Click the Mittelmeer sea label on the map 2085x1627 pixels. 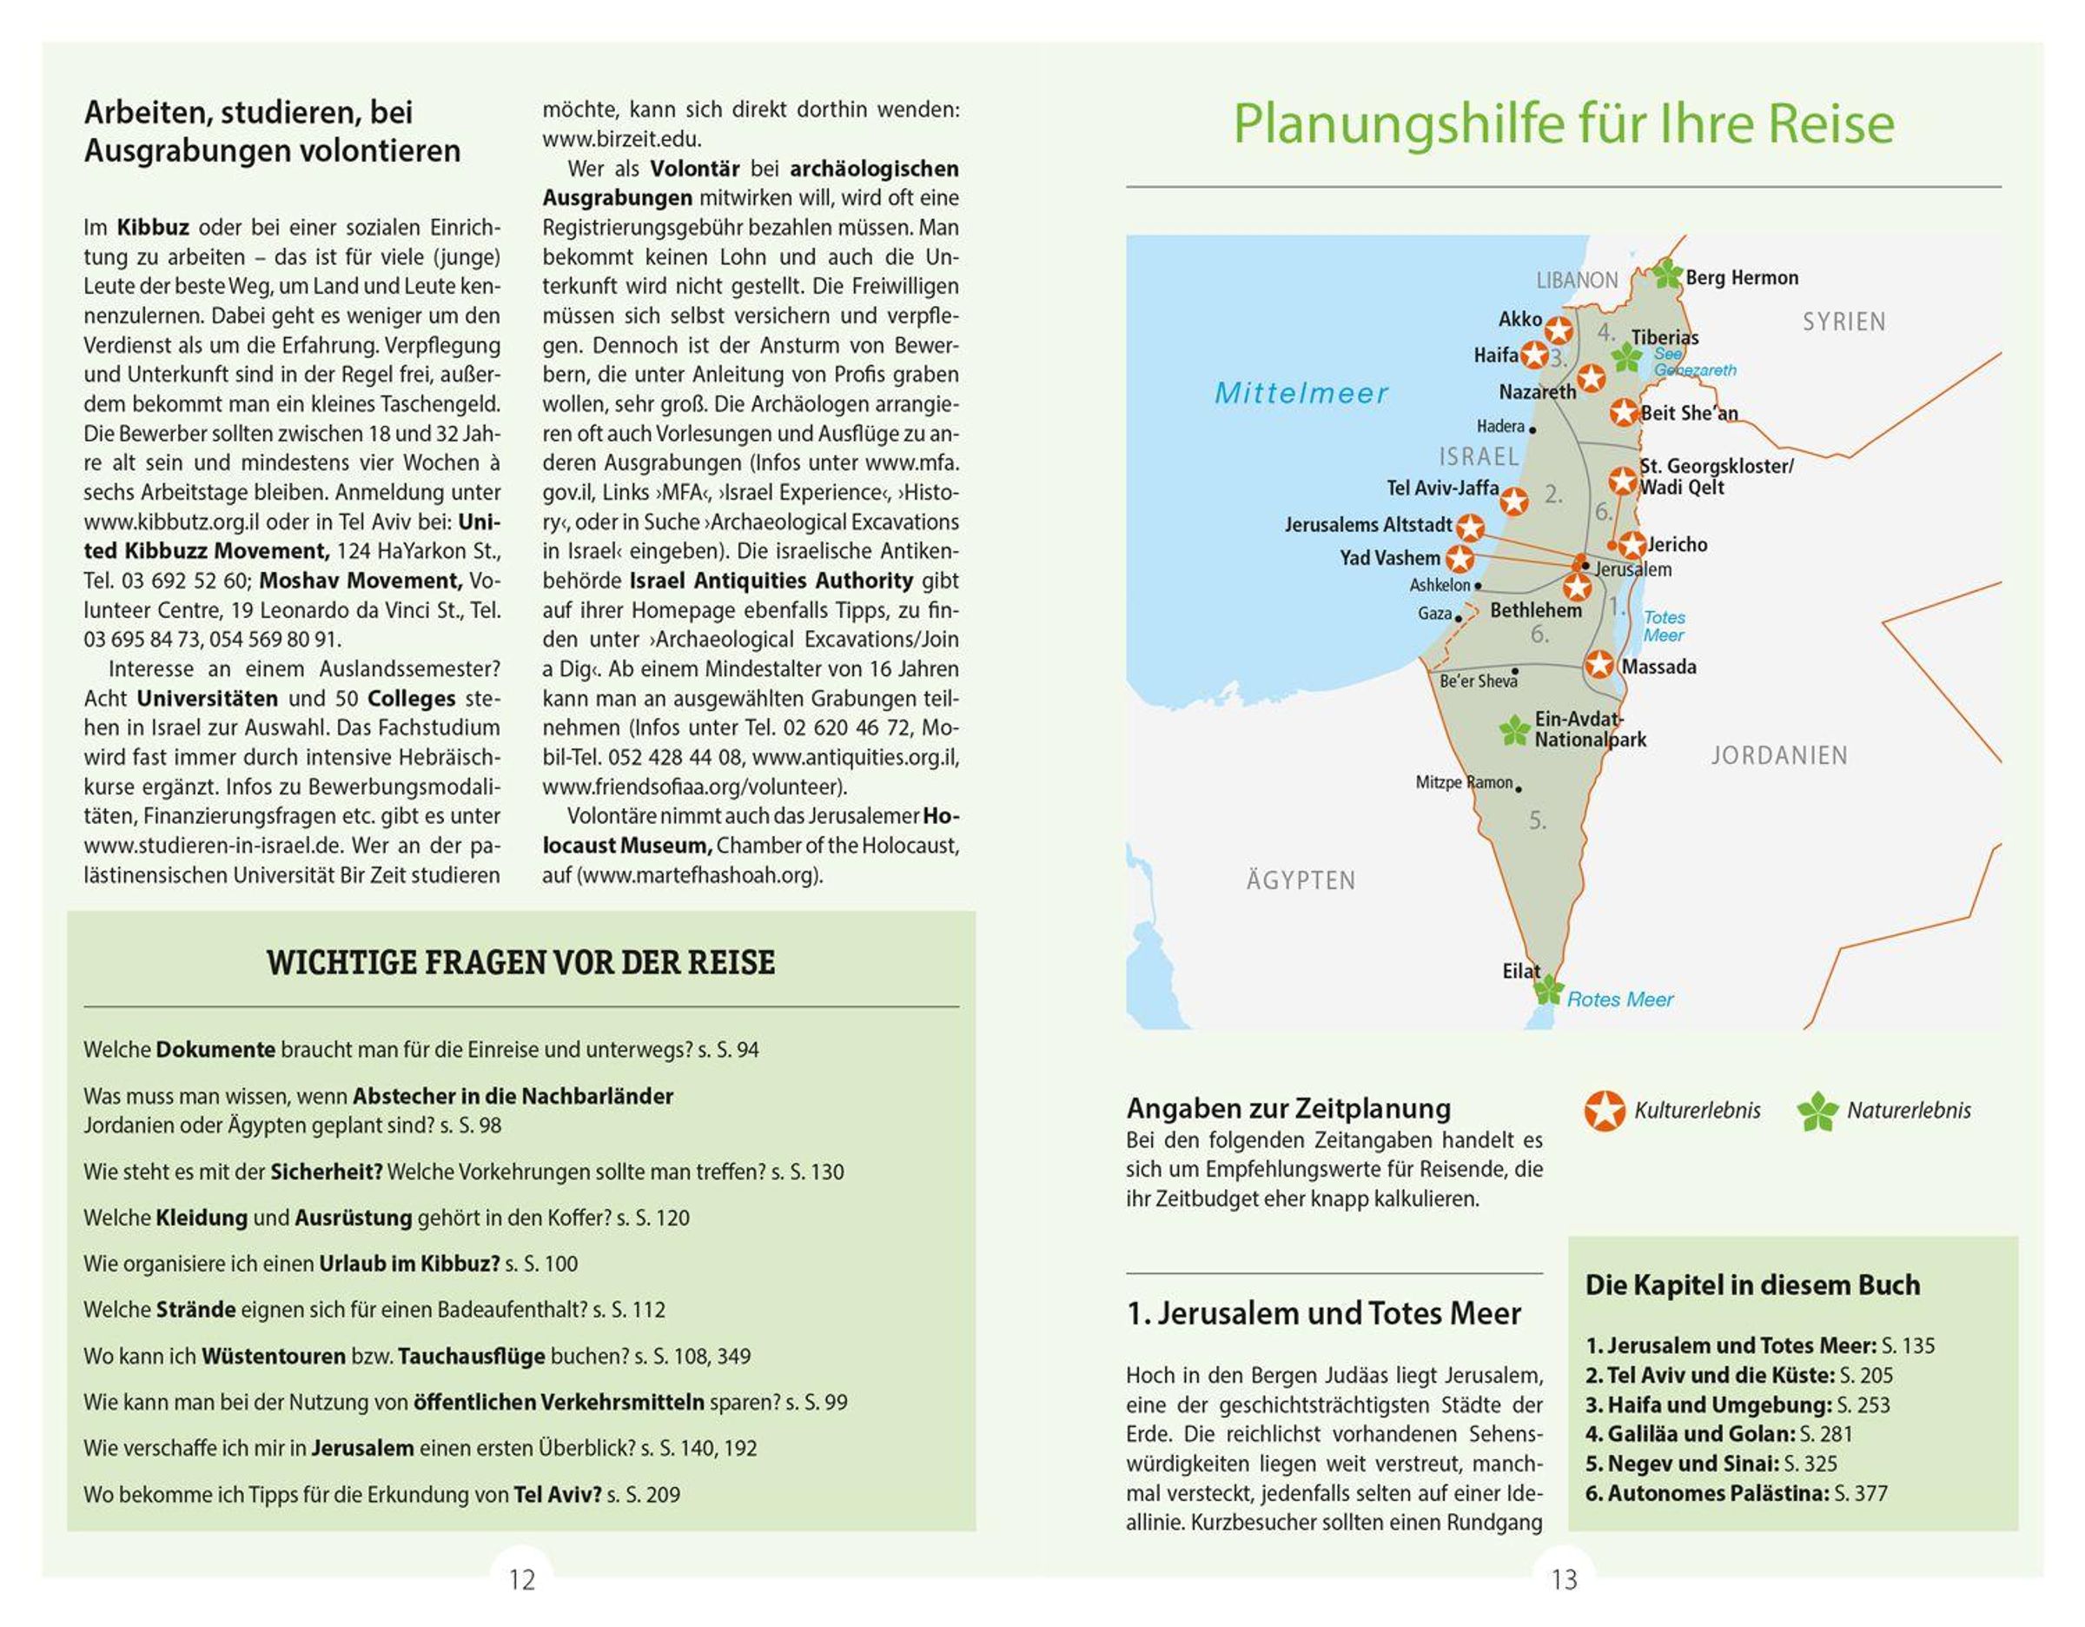click(1301, 394)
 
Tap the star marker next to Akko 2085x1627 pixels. click(1558, 330)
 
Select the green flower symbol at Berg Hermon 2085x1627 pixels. click(1667, 275)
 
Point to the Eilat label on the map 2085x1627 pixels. click(1521, 971)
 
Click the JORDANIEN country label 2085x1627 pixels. click(1778, 755)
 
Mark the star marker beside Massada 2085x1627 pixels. click(1599, 665)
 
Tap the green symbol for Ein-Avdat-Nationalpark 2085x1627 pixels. click(1514, 732)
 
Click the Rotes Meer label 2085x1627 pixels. click(1619, 999)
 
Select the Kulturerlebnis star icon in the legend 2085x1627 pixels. click(1604, 1111)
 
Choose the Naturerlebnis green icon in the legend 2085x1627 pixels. click(1817, 1112)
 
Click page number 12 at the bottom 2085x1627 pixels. click(522, 1580)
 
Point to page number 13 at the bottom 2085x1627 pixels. click(1564, 1580)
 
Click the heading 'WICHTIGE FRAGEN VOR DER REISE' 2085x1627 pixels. click(520, 962)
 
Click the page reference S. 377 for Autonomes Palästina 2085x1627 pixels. click(1861, 1493)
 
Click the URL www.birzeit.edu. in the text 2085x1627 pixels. click(621, 139)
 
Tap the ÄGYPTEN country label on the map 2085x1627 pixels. click(1301, 880)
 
